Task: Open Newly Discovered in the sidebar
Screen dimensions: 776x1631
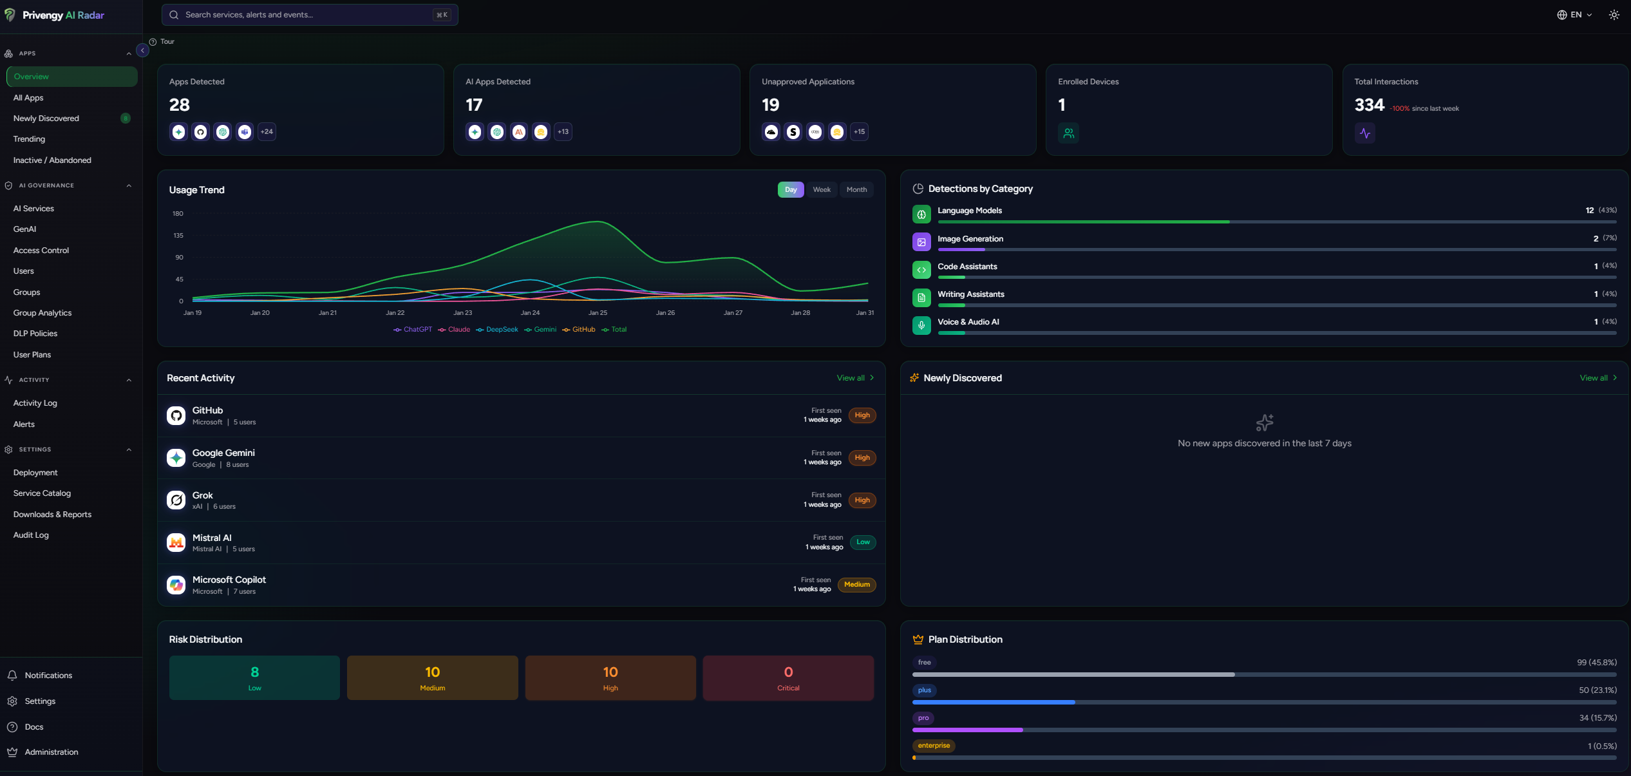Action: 46,118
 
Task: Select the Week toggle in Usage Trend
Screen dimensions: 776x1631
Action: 821,190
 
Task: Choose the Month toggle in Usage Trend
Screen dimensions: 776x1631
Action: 856,190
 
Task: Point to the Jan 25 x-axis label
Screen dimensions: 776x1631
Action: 598,313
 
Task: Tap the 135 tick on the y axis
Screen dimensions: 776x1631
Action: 178,236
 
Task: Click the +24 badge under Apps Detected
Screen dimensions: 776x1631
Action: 267,132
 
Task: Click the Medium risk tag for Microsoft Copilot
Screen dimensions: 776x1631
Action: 856,585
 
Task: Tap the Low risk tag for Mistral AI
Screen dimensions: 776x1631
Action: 863,542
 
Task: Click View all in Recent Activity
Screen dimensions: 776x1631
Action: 854,378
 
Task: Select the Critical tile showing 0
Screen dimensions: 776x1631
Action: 787,678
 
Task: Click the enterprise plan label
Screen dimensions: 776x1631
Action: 933,746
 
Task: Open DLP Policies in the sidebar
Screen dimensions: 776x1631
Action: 35,334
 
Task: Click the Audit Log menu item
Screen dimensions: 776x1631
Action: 31,535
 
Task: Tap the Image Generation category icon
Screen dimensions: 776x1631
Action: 921,242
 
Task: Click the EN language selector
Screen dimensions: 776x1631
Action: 1574,15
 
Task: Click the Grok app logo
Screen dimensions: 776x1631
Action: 176,500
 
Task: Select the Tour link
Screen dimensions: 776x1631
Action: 167,42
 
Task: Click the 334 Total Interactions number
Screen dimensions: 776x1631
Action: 1369,105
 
